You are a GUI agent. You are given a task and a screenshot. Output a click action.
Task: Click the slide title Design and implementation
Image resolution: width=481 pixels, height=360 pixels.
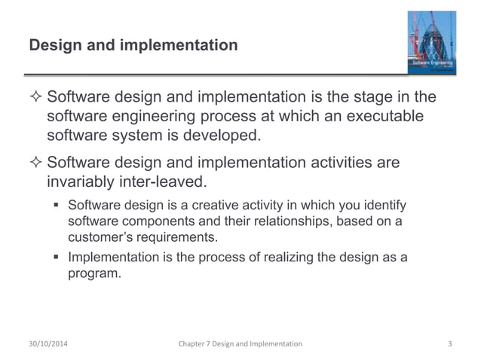pos(133,47)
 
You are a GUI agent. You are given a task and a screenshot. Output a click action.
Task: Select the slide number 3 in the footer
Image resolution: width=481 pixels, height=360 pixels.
pos(449,343)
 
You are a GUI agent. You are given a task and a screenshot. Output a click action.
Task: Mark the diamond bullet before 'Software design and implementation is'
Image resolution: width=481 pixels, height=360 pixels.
pos(34,99)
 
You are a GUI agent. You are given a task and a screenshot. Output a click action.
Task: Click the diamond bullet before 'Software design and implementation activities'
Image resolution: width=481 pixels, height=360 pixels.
pos(34,164)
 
